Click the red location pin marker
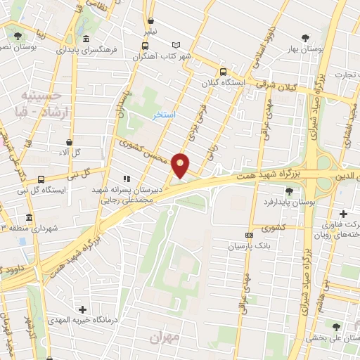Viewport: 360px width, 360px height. pyautogui.click(x=181, y=165)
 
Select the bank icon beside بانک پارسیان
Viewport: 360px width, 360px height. pyautogui.click(x=248, y=235)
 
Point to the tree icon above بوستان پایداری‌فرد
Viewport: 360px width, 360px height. pyautogui.click(x=289, y=191)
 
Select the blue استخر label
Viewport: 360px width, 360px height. pyautogui.click(x=165, y=113)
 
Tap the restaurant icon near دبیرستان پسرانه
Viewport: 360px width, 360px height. pyautogui.click(x=127, y=179)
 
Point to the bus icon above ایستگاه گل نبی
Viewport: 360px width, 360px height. pyautogui.click(x=41, y=179)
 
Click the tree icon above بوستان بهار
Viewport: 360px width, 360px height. pyautogui.click(x=304, y=38)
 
